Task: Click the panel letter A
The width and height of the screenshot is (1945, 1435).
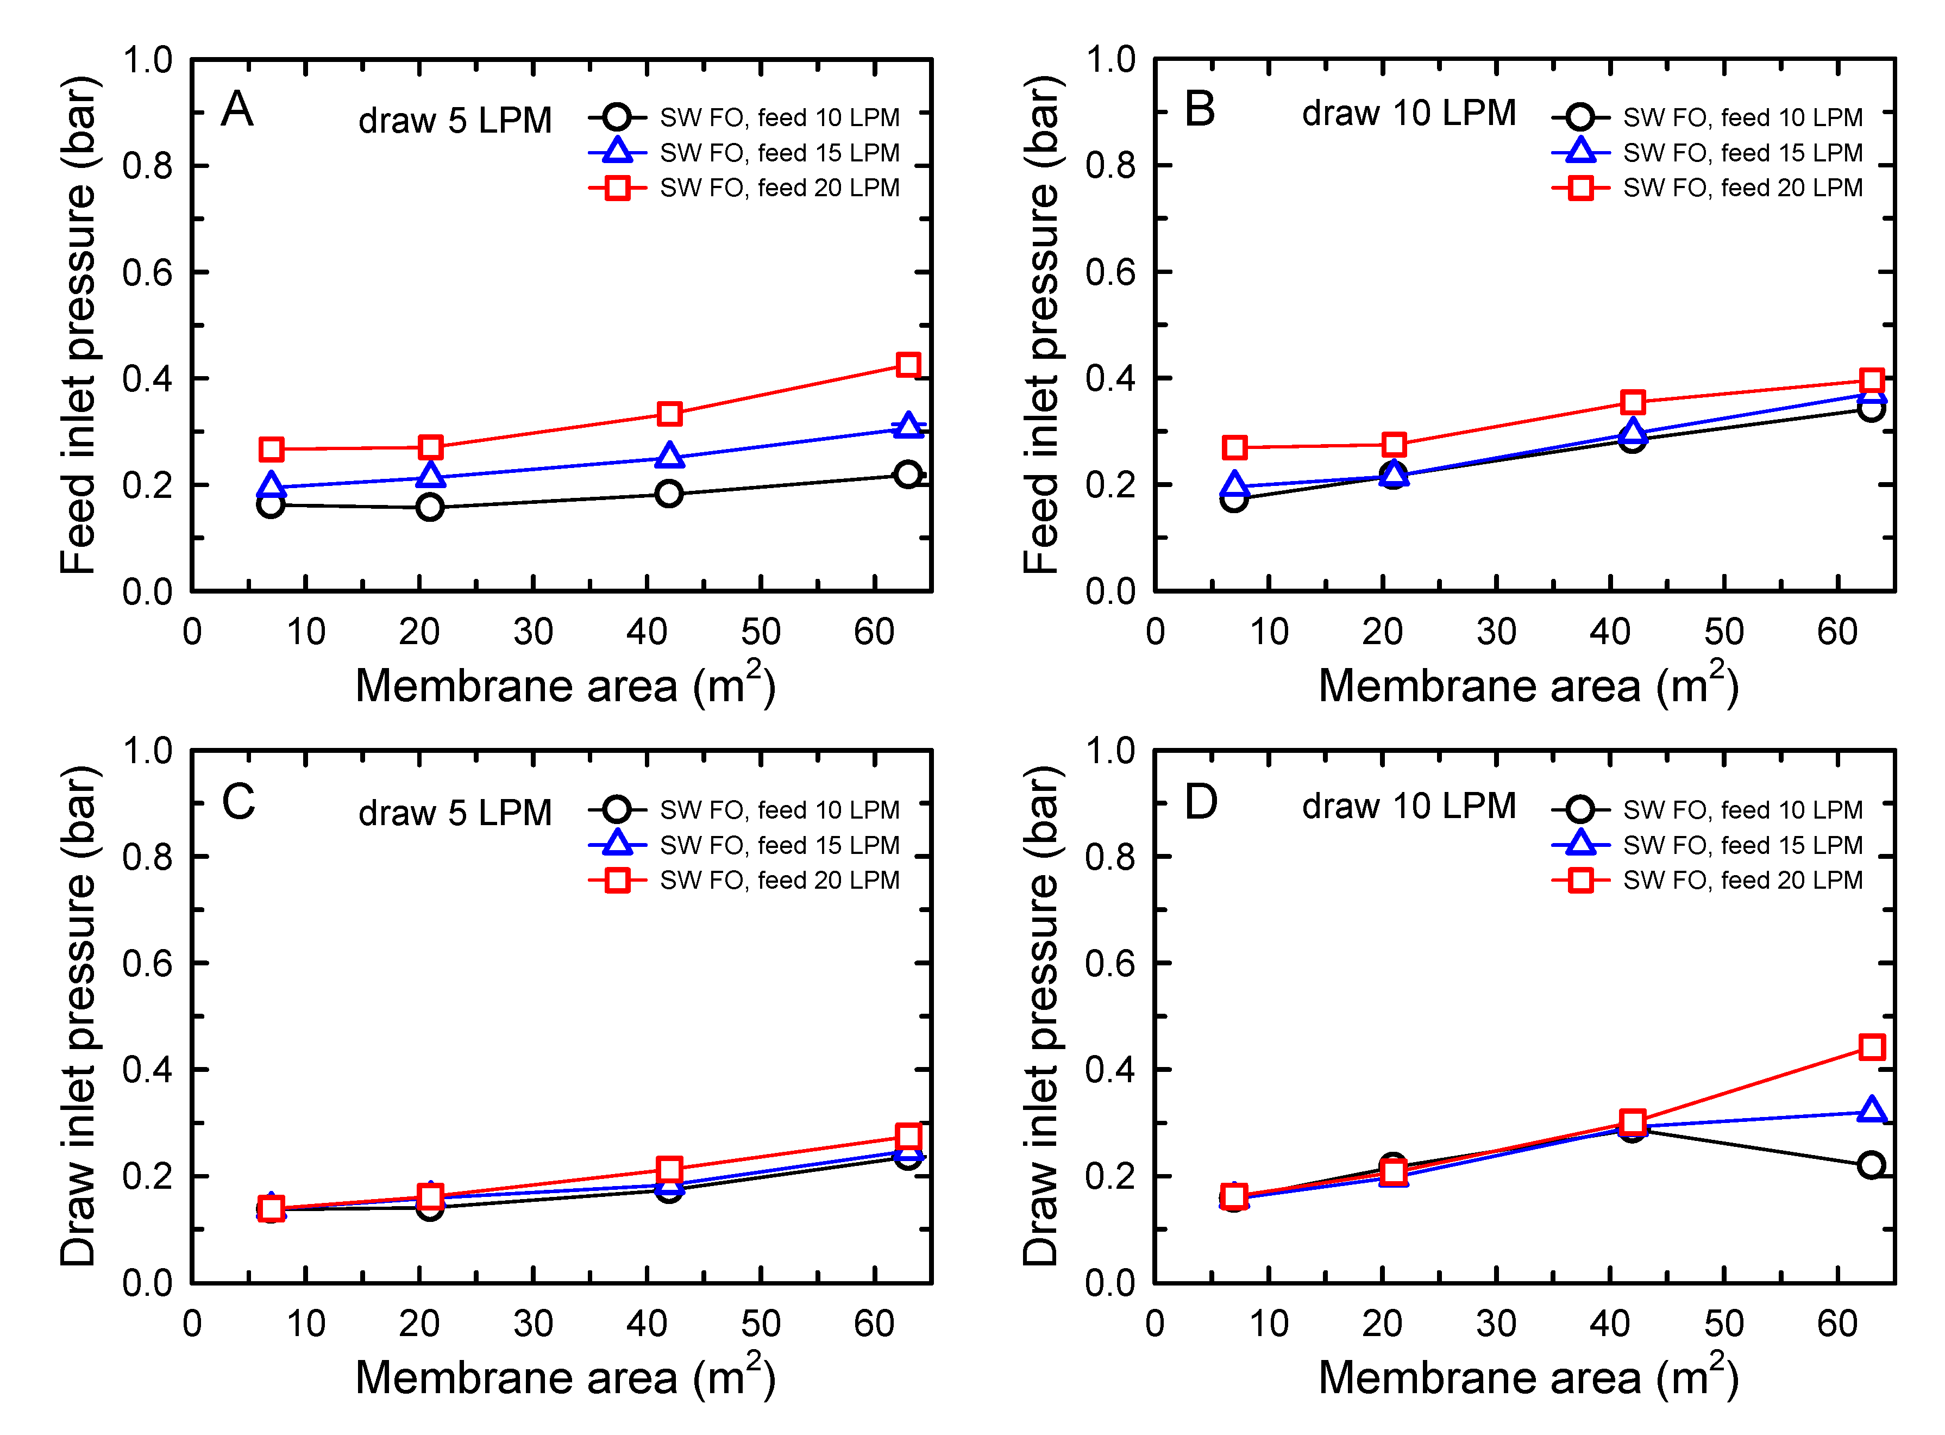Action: click(237, 110)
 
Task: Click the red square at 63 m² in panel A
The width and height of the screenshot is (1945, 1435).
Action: click(908, 365)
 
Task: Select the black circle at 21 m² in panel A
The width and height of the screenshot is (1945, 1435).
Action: click(430, 507)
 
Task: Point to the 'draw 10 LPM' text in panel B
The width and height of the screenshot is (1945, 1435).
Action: click(1408, 114)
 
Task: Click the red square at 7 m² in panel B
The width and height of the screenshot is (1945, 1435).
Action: click(1235, 448)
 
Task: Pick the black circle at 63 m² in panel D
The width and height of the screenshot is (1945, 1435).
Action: click(1871, 1165)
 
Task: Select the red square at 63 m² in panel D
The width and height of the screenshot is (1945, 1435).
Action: click(1871, 1047)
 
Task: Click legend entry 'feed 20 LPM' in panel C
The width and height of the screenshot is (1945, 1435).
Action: click(779, 880)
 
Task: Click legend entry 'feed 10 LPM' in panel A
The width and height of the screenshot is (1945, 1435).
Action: click(779, 117)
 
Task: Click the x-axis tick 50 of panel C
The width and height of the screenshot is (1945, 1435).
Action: click(761, 1324)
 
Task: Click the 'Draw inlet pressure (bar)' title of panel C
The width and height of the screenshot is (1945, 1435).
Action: click(78, 1016)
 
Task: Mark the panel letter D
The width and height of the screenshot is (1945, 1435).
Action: click(1201, 802)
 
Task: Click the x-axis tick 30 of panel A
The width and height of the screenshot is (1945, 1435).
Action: click(533, 632)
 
